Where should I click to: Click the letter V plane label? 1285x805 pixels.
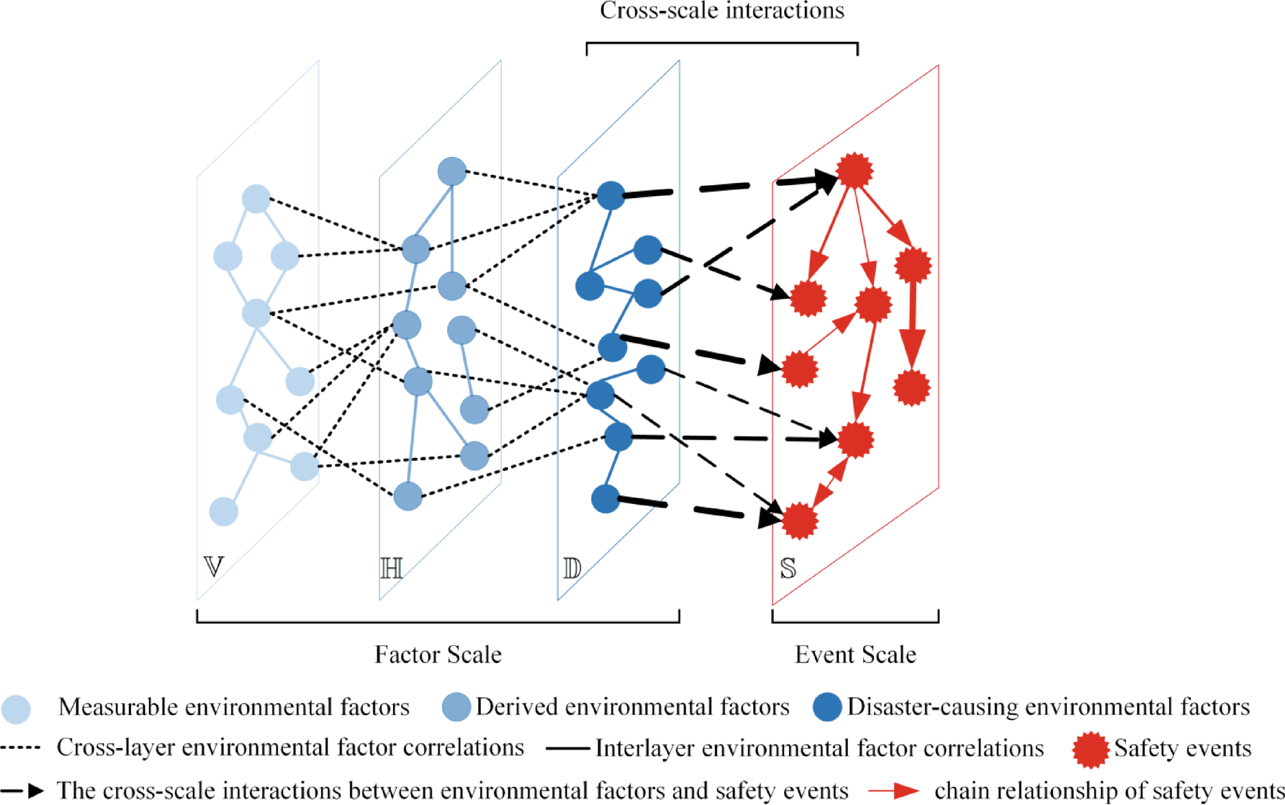pos(213,566)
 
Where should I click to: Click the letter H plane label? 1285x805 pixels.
pos(391,568)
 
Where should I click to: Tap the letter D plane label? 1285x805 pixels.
pos(571,568)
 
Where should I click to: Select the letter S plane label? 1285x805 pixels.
pos(788,568)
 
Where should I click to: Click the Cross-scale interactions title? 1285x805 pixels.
pos(722,11)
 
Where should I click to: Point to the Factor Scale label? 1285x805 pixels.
pos(438,654)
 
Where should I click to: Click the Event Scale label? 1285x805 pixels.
pos(855,654)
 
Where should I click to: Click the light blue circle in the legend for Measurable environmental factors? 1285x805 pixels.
pos(16,709)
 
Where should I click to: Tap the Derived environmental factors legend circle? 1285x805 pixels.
pos(456,707)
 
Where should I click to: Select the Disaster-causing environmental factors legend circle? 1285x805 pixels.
pos(827,707)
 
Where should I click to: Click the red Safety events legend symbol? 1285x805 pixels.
pos(1090,749)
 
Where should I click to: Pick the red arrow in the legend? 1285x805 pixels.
pos(893,791)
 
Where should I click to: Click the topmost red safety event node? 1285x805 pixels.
pos(854,170)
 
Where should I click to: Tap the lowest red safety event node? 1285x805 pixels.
pos(799,521)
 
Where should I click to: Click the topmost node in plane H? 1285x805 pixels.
pos(452,171)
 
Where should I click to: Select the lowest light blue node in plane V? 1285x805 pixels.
pos(224,512)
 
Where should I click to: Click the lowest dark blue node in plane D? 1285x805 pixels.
pos(605,499)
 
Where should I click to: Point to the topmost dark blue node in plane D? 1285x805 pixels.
pos(611,195)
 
